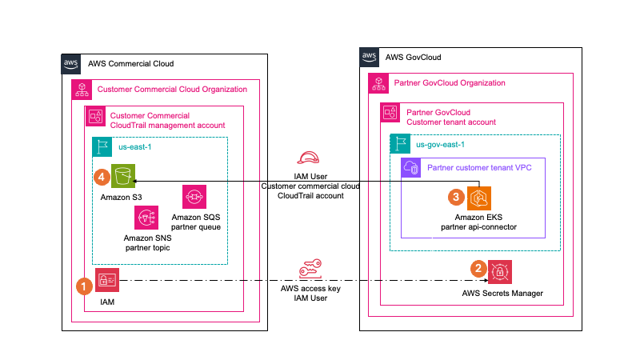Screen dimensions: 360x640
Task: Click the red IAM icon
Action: pyautogui.click(x=107, y=279)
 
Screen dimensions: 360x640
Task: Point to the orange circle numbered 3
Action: pyautogui.click(x=455, y=196)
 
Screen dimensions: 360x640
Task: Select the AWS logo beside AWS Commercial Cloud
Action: pyautogui.click(x=72, y=64)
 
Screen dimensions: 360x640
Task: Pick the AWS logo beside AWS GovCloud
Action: pyautogui.click(x=370, y=57)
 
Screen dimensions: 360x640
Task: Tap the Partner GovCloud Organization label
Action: pyautogui.click(x=450, y=83)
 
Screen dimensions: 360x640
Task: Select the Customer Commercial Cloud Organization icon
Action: pyautogui.click(x=82, y=89)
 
